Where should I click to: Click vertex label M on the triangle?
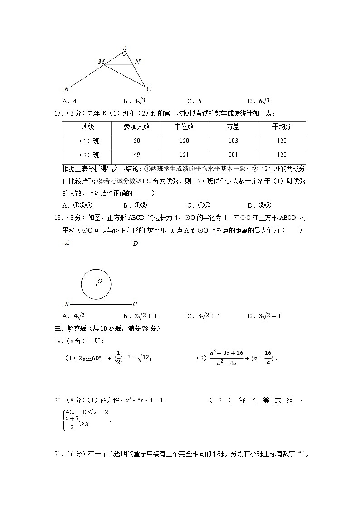101,61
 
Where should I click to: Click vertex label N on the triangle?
137,62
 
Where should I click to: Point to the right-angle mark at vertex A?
124,53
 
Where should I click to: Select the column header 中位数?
184,127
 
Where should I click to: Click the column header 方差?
233,127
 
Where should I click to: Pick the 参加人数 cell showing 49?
136,155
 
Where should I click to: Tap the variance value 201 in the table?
233,155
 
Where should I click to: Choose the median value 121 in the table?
184,155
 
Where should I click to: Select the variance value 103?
233,141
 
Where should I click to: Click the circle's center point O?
96,284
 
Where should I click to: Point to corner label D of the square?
135,244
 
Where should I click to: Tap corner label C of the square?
135,304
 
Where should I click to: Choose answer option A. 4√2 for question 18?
74,316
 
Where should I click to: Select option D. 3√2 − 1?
264,316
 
